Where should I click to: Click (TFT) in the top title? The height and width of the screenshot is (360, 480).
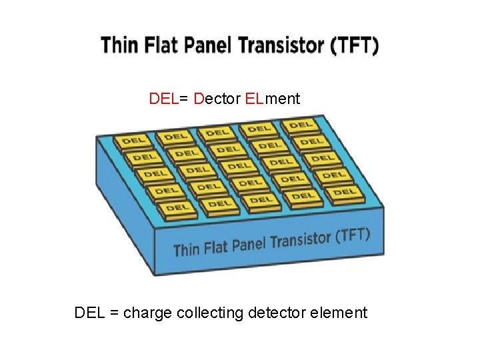tap(354, 46)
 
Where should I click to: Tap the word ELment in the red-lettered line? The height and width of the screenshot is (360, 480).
tap(273, 99)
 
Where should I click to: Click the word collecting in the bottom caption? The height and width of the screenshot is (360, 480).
tap(210, 313)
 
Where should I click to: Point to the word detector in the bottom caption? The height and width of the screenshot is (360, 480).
tap(279, 313)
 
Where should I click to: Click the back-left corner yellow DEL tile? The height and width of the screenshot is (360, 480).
tap(134, 141)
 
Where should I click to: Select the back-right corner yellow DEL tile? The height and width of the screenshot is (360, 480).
tap(301, 125)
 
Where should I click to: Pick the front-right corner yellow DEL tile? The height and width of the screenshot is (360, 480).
tap(343, 193)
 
